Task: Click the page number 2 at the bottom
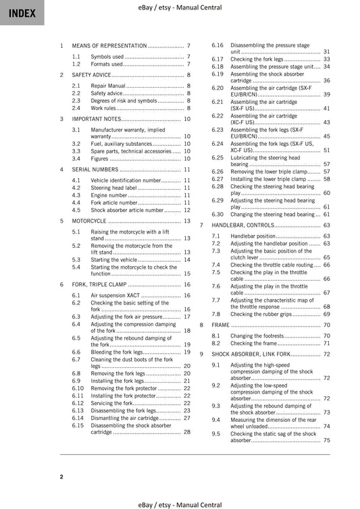point(61,477)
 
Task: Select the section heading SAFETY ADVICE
point(92,75)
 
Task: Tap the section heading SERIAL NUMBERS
point(95,169)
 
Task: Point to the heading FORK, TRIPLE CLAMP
point(99,284)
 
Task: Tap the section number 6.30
point(217,214)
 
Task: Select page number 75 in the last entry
point(326,440)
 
